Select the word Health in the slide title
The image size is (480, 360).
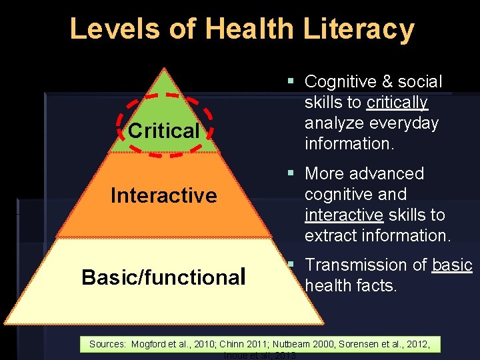[x=249, y=29]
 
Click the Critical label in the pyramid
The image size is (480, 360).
[x=164, y=131]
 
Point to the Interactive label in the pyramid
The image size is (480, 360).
[x=164, y=195]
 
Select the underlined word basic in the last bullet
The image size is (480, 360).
[x=452, y=265]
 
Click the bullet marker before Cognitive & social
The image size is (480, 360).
[x=291, y=81]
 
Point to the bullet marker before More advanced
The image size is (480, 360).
[x=291, y=173]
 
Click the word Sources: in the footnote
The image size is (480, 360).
[x=107, y=344]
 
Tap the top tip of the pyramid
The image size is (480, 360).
[x=163, y=68]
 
